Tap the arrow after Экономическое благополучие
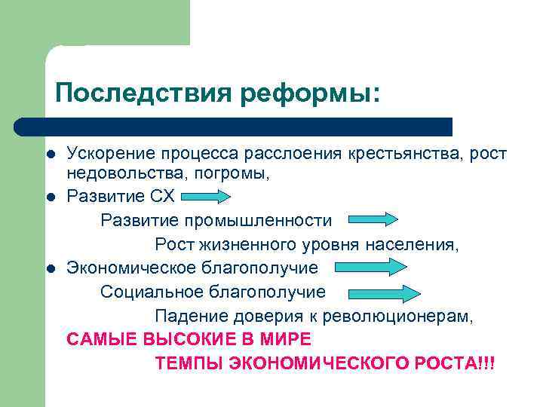coord(371,268)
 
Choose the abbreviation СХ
coord(163,197)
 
